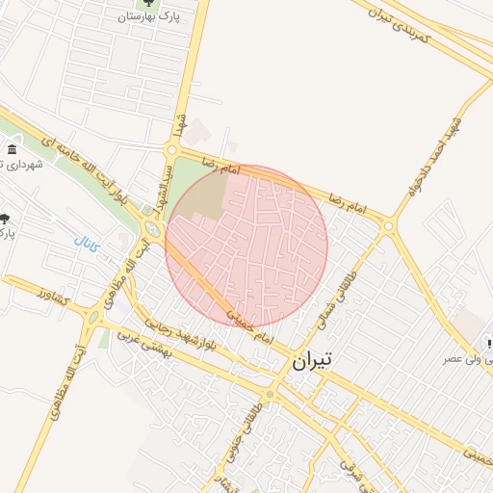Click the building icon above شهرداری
pos(11,150)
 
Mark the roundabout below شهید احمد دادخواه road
pos(389,227)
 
